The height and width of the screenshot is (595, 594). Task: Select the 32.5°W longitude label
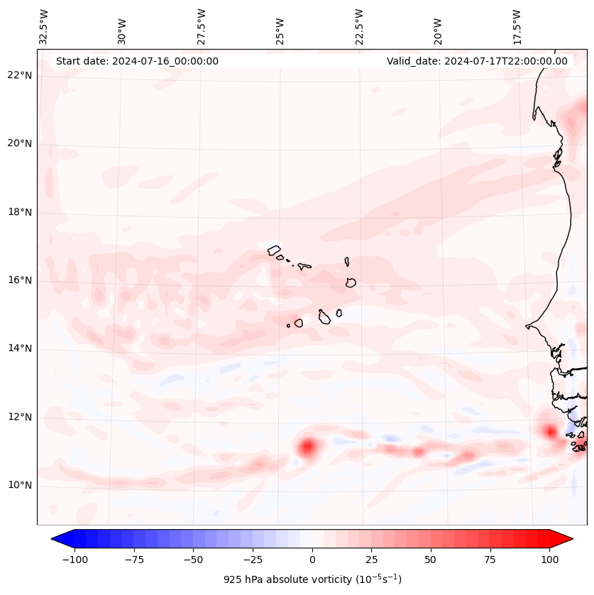pyautogui.click(x=44, y=26)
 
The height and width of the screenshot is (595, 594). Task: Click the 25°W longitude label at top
pyautogui.click(x=280, y=27)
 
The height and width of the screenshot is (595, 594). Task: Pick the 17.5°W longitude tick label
pyautogui.click(x=517, y=26)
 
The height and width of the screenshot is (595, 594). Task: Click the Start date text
pyautogui.click(x=137, y=61)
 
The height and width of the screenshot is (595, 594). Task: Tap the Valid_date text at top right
pyautogui.click(x=477, y=61)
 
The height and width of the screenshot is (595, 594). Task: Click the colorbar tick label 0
pyautogui.click(x=312, y=560)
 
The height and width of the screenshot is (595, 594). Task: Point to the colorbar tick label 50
pyautogui.click(x=431, y=560)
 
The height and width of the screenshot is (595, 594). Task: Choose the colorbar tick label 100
pyautogui.click(x=549, y=560)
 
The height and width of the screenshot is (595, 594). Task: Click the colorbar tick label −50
pyautogui.click(x=193, y=560)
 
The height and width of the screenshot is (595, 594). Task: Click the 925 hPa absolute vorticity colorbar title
pyautogui.click(x=312, y=579)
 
